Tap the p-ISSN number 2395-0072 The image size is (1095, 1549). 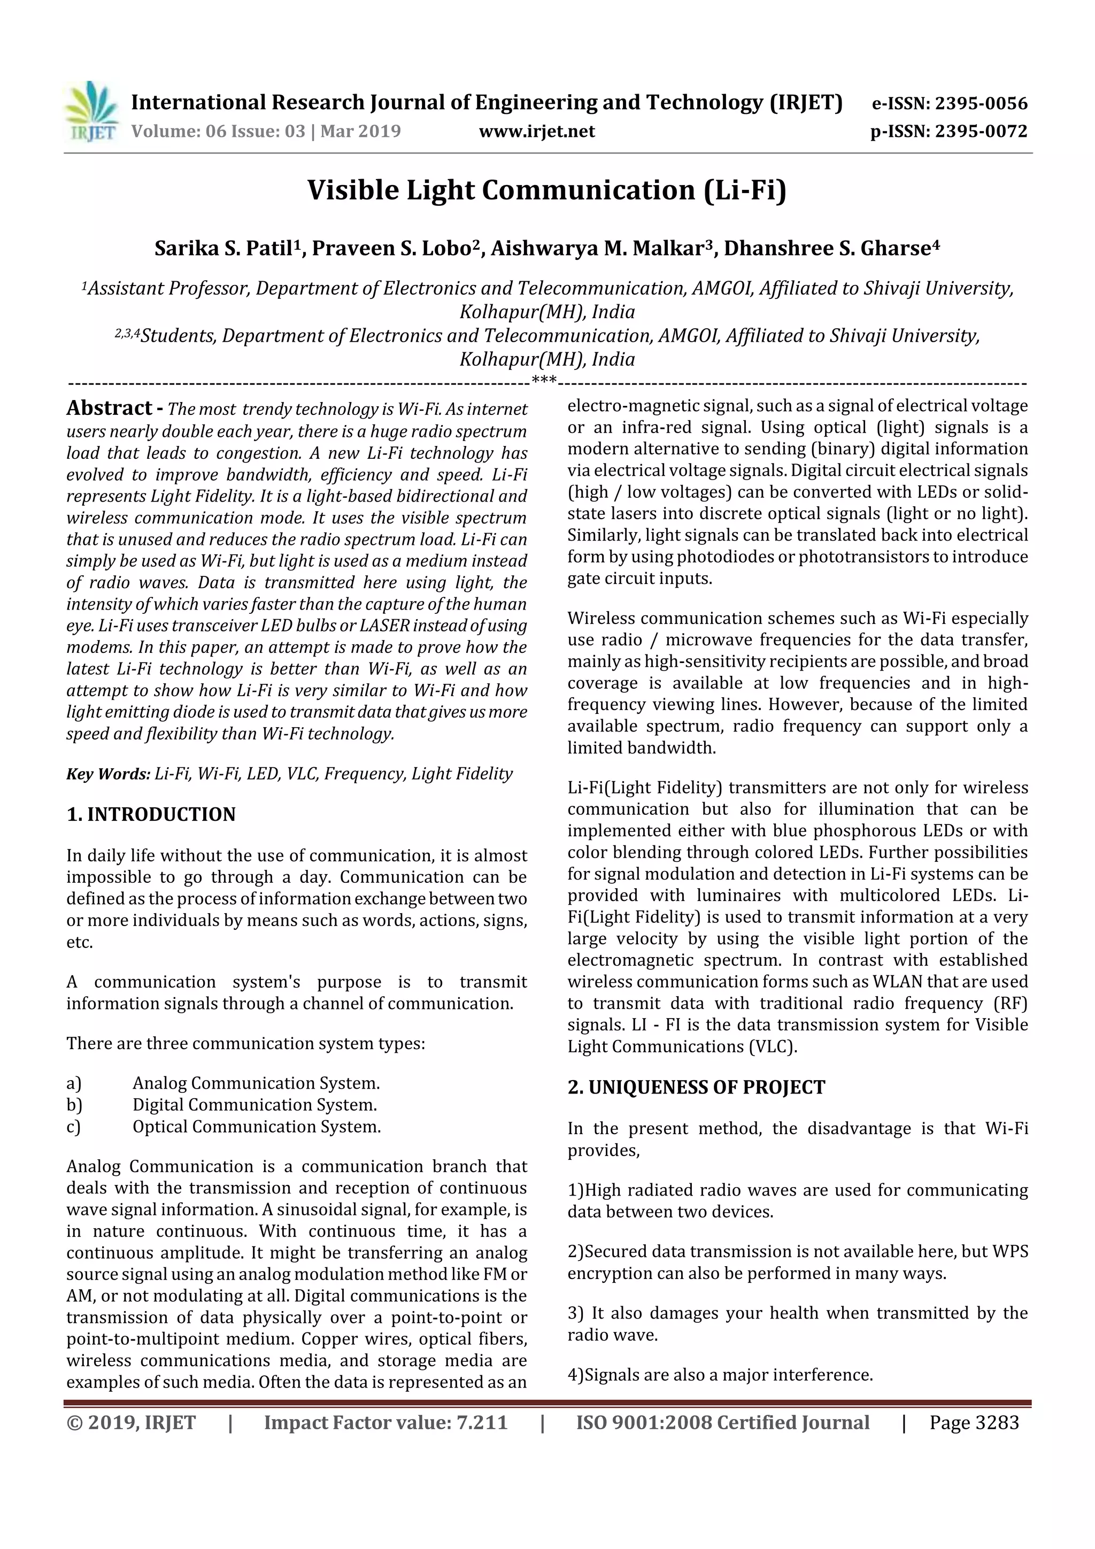(x=981, y=131)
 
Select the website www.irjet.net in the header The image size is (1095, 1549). (x=536, y=131)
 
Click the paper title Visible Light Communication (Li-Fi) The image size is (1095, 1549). (x=546, y=190)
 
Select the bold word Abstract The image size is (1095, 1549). (x=109, y=407)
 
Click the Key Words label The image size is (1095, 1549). (x=108, y=774)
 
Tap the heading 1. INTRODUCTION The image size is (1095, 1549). (x=151, y=814)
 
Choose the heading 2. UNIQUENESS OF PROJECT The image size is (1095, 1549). (x=696, y=1088)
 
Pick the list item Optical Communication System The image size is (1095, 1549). (x=257, y=1127)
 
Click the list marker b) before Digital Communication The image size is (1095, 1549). (x=74, y=1105)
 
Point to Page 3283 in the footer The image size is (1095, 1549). (x=974, y=1423)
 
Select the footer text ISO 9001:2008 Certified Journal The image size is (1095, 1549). (x=722, y=1423)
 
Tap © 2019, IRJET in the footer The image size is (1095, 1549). (x=131, y=1423)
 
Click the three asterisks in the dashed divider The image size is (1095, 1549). (x=544, y=381)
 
